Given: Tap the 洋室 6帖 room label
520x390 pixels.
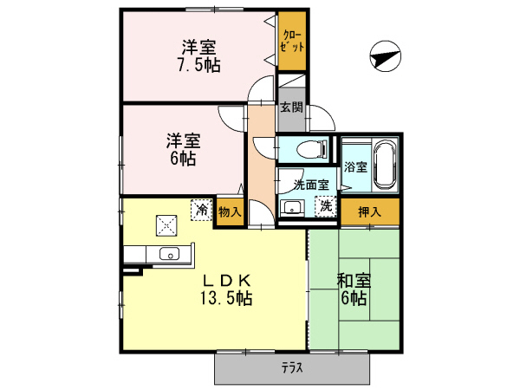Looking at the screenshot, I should coord(183,149).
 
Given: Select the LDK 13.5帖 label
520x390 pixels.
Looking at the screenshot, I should coord(227,289).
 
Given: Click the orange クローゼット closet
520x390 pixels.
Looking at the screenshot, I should coord(292,42).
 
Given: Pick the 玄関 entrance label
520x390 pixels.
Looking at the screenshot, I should coord(291,108).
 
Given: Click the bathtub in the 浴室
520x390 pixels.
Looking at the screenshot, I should coord(386,166).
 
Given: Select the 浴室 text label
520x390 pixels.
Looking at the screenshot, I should coord(355,166).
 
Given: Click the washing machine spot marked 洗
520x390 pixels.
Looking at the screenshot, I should coord(325,206).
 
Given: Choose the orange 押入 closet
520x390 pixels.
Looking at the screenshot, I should coord(369,210).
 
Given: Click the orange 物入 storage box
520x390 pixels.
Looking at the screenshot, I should coord(230,211).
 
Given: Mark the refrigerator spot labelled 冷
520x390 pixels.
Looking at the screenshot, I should coord(200,209).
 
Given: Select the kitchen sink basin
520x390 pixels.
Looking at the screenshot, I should coord(170,255).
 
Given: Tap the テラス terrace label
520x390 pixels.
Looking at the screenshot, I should coord(291,368).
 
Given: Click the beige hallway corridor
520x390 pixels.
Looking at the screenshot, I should coord(260,165).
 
